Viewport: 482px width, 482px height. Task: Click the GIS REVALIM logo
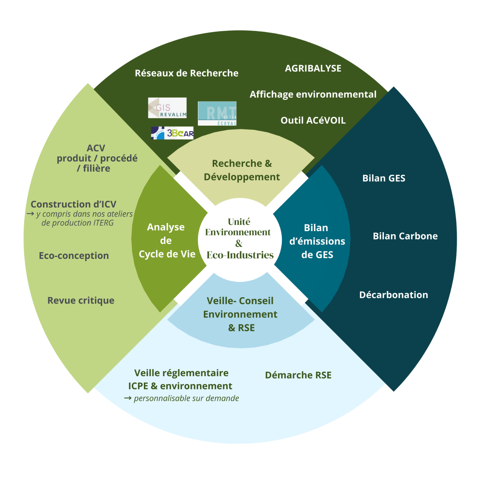coord(167,108)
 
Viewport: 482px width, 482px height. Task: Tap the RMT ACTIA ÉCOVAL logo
coord(217,113)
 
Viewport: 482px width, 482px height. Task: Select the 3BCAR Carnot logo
coord(172,133)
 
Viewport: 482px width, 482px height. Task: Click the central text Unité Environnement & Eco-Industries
coord(240,239)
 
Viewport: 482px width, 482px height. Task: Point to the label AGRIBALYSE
coord(313,68)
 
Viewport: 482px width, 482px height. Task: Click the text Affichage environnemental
coord(313,94)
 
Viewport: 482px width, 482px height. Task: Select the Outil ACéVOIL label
coord(313,120)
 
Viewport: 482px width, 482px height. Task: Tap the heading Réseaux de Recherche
coord(186,73)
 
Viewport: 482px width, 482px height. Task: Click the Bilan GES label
coord(384,178)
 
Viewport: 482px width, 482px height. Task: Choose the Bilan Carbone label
coord(405,236)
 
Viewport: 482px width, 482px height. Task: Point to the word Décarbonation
coord(393,295)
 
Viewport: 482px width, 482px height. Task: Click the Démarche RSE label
coord(298,375)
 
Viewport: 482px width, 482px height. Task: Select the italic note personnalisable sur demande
coord(186,398)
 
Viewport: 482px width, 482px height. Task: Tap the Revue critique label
coord(81,301)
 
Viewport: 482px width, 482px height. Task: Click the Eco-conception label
coord(74,256)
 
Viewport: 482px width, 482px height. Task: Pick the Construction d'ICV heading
coord(73,204)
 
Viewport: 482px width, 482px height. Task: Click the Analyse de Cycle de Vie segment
coord(167,241)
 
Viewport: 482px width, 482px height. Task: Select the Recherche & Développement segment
coord(241,170)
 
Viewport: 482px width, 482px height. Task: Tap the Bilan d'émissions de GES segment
coord(317,241)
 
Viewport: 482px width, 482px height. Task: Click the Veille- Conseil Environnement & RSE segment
coord(240,314)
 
